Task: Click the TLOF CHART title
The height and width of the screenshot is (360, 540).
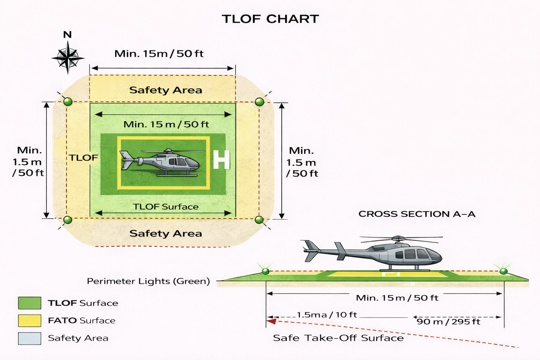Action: tap(270, 19)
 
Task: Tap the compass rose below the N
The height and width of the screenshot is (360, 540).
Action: tap(68, 57)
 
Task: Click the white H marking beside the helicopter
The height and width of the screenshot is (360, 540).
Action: tap(221, 160)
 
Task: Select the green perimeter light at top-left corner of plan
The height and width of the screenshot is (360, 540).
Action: tap(68, 102)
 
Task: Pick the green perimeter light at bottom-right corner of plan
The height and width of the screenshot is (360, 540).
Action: tap(259, 220)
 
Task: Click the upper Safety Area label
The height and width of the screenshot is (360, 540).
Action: tap(166, 90)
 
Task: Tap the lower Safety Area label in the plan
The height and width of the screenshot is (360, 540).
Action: tap(166, 233)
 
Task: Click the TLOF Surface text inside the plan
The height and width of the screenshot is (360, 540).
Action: tap(166, 207)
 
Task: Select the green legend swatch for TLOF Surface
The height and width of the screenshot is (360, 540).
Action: tap(30, 303)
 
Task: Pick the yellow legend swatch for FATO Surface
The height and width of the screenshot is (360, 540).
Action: tap(30, 321)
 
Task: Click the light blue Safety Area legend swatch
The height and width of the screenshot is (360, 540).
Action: tap(30, 338)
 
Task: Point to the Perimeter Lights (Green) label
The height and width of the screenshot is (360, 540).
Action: tap(148, 281)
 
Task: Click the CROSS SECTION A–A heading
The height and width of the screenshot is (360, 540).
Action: tap(417, 214)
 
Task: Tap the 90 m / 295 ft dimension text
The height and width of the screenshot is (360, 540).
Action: tap(448, 322)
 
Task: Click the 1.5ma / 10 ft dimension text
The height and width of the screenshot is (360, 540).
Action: tap(327, 315)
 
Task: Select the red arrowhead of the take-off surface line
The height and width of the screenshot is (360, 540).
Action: tap(271, 321)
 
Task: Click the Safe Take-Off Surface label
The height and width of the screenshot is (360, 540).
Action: tap(338, 338)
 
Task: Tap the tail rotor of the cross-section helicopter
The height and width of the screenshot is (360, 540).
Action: tap(311, 251)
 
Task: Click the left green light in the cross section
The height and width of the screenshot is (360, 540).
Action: tap(266, 271)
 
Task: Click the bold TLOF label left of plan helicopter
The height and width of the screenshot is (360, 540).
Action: tap(83, 158)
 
